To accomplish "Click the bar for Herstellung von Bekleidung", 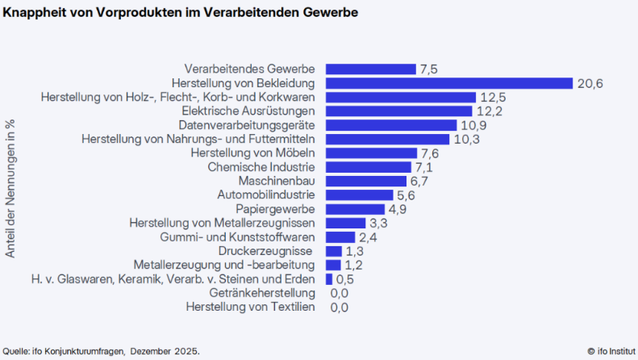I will click(x=448, y=83).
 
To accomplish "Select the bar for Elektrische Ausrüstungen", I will click(x=398, y=111).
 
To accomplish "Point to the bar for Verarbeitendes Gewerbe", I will click(x=370, y=69).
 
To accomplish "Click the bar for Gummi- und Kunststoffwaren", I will click(x=340, y=237).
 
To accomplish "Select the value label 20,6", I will click(x=590, y=83).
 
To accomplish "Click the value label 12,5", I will click(x=491, y=97).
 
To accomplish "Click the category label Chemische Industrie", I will click(x=261, y=167).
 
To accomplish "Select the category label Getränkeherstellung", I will click(x=261, y=293).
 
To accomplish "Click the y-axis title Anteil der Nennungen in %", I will click(x=10, y=188).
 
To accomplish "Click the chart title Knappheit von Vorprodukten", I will click(x=181, y=13).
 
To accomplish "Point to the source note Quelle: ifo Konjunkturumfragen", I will click(x=101, y=351).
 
